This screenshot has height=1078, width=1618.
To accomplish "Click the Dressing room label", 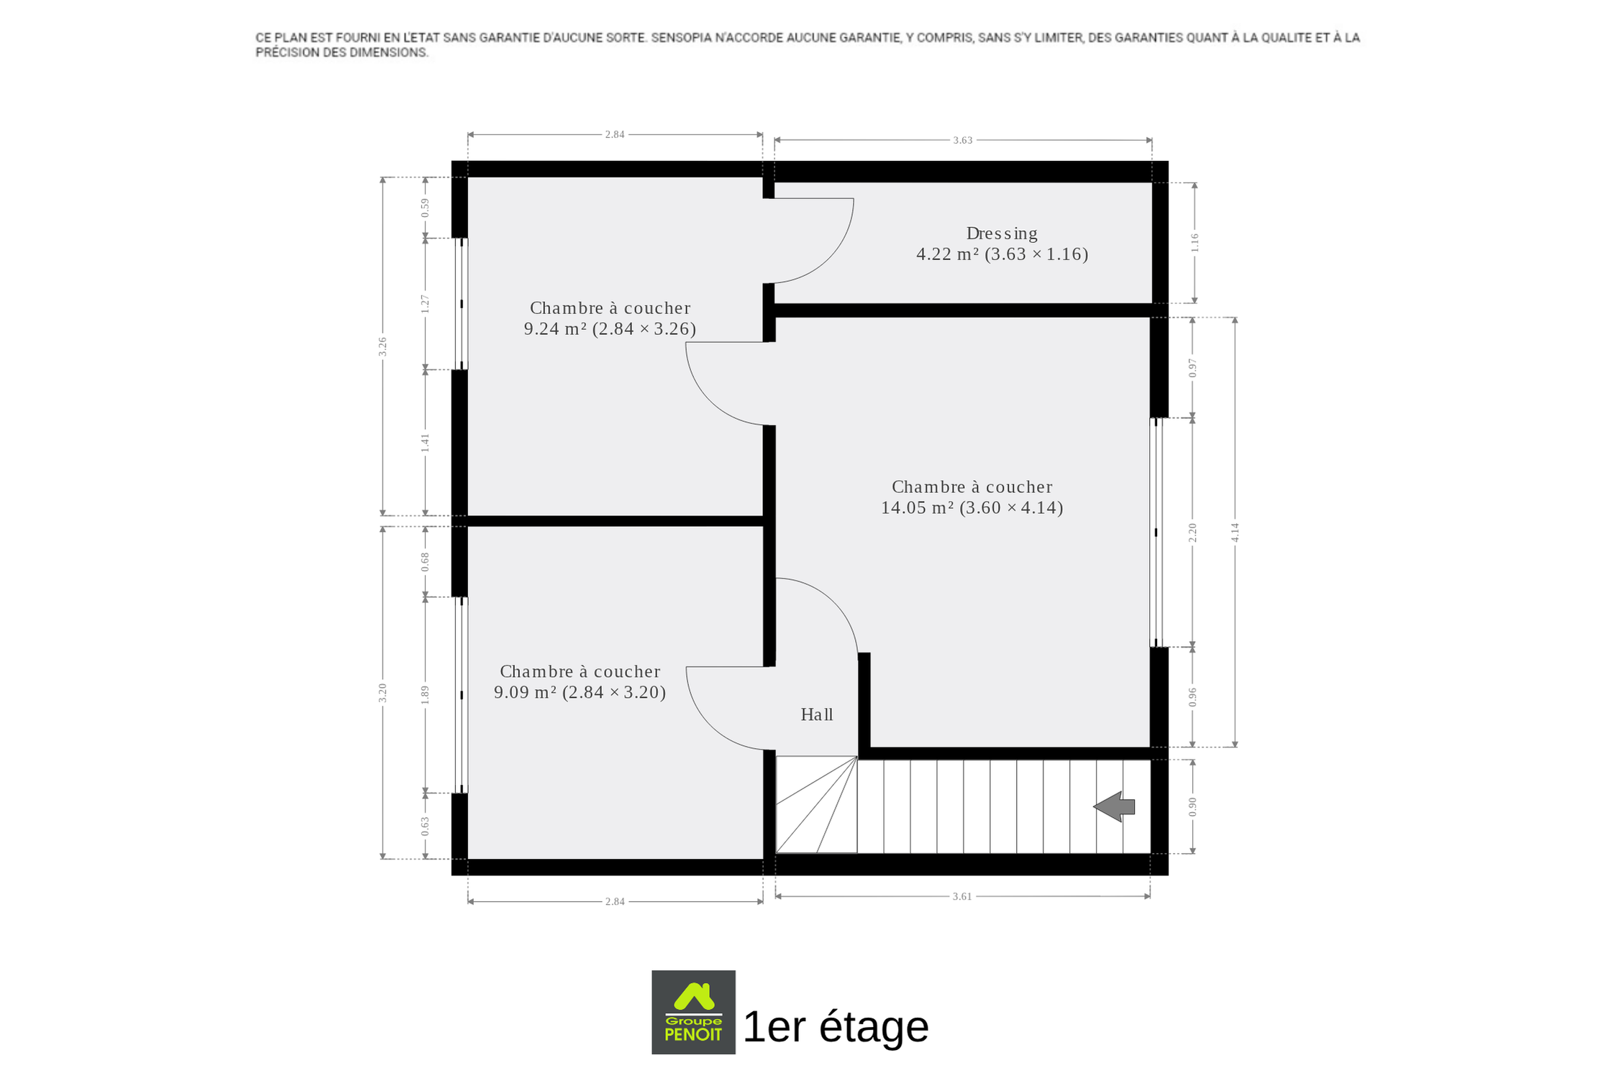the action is [x=1001, y=234].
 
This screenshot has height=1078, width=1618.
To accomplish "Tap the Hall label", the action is [x=817, y=714].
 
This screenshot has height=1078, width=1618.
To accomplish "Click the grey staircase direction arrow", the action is [x=1114, y=806].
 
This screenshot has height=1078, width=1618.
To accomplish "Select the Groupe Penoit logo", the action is [x=693, y=1012].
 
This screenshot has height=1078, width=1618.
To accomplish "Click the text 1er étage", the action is [x=836, y=1026].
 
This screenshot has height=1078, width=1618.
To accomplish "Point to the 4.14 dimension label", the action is [x=1235, y=533].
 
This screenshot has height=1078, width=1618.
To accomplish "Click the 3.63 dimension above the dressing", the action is [x=963, y=140].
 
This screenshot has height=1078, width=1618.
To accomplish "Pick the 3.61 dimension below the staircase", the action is [x=962, y=896].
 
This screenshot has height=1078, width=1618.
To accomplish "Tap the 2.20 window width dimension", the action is [x=1192, y=533].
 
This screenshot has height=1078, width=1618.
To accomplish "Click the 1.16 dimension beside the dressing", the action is [x=1194, y=243].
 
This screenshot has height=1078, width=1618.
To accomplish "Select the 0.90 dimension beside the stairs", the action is [x=1192, y=806].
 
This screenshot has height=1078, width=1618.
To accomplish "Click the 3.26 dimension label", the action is [x=383, y=346].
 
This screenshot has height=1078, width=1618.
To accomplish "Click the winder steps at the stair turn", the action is [x=816, y=804].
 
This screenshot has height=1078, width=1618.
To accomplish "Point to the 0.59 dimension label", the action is [x=425, y=208].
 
